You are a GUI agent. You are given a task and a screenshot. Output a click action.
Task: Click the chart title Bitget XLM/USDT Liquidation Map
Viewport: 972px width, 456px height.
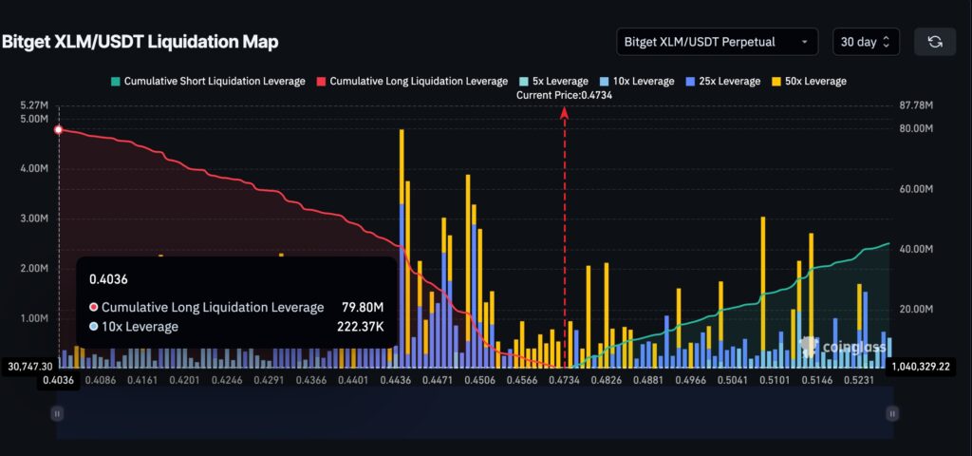click(140, 42)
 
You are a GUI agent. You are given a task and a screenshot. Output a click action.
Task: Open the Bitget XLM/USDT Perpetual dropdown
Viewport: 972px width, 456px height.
click(717, 42)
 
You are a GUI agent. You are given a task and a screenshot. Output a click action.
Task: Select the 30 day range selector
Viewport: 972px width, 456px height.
click(865, 42)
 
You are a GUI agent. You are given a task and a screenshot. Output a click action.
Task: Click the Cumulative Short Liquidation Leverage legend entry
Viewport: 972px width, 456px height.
click(208, 82)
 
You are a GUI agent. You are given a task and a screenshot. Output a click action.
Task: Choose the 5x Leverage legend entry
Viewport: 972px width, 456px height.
click(545, 82)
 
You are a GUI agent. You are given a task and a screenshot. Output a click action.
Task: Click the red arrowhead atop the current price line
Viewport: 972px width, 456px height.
click(565, 112)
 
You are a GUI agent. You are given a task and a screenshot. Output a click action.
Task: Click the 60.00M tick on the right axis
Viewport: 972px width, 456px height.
click(917, 189)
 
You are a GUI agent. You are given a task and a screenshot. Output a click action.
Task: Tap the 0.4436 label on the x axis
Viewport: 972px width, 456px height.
click(396, 381)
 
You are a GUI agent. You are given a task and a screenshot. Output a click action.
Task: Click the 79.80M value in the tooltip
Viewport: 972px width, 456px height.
click(362, 307)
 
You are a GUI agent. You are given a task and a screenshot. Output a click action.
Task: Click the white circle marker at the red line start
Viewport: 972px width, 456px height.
click(59, 129)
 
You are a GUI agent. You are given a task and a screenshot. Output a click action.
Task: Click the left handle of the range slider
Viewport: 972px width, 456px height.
click(57, 413)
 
